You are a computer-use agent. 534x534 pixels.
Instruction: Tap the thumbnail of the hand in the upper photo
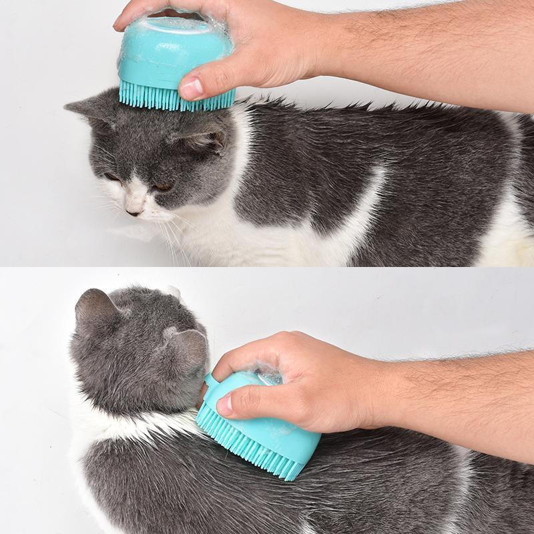coord(192,87)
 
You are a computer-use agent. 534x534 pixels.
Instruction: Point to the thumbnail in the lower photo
coord(225,403)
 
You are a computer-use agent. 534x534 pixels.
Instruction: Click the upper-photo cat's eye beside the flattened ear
coord(162,188)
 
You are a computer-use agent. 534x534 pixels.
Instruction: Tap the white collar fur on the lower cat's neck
coord(133,427)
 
